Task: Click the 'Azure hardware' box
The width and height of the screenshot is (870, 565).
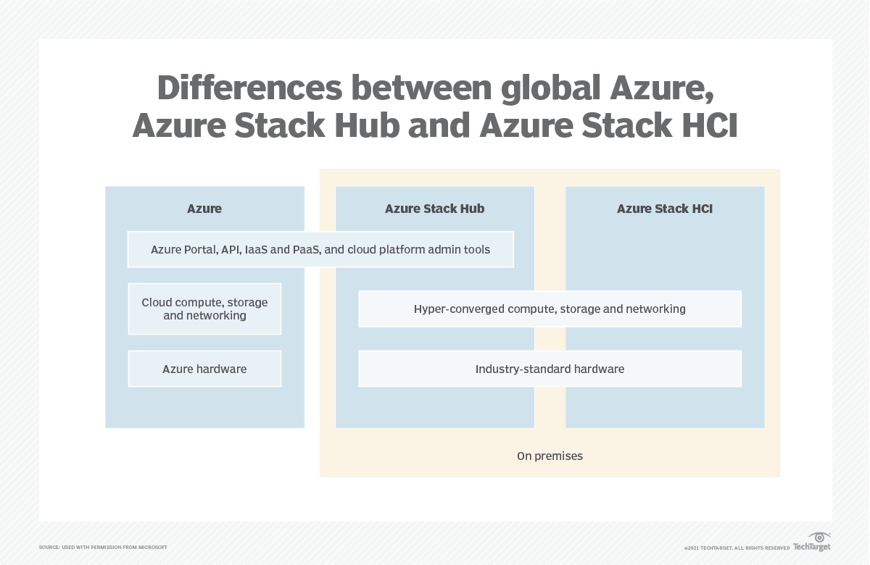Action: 204,369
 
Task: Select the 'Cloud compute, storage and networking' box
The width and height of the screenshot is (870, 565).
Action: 204,309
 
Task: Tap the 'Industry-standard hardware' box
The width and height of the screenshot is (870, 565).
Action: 550,369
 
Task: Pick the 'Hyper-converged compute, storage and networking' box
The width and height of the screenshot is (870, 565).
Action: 550,309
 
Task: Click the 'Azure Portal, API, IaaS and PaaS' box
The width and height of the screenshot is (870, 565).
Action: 320,250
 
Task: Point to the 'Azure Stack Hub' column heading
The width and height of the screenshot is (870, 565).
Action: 434,209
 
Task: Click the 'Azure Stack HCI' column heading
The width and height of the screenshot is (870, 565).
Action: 665,209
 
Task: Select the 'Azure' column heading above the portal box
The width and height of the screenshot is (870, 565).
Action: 204,209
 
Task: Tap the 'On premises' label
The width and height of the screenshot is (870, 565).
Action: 550,456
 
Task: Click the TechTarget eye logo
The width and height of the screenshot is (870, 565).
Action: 819,538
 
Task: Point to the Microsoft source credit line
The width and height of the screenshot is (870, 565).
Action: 103,548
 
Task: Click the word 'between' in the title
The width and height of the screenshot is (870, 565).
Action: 419,88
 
